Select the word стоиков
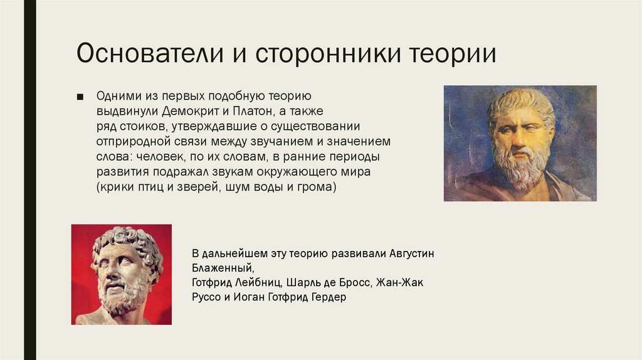click(141, 127)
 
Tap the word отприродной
click(134, 142)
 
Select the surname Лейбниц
click(264, 283)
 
